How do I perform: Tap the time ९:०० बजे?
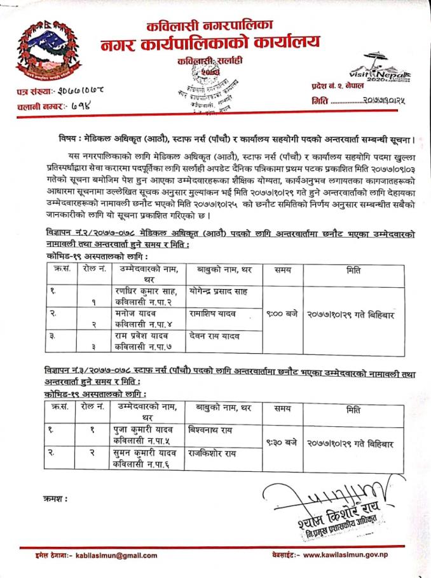tap(277, 313)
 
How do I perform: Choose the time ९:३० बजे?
tap(277, 440)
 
